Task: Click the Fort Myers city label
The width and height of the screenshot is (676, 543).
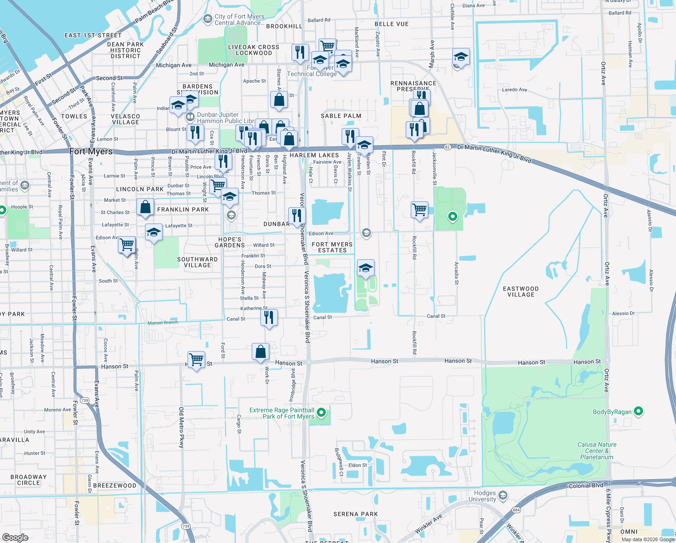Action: tap(91, 152)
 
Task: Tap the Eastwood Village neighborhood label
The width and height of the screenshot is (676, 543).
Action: tap(521, 291)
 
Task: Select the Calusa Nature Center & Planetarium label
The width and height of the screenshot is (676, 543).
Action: tap(596, 451)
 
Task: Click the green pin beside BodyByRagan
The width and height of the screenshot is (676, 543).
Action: tap(638, 411)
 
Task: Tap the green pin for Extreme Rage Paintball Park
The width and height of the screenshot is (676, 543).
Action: tap(321, 413)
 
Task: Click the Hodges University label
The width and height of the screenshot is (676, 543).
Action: tap(485, 496)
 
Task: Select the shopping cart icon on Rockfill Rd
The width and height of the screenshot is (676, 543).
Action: tap(420, 210)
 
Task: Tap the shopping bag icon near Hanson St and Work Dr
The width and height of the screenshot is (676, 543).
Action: tap(261, 352)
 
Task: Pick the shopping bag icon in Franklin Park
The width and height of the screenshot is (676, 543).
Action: tap(146, 207)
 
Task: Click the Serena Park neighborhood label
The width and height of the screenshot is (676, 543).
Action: tap(355, 514)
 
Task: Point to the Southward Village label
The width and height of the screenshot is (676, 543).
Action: tap(197, 262)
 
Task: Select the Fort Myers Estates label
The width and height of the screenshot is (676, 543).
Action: tap(332, 247)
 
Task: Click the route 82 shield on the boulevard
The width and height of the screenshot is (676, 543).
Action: tap(447, 147)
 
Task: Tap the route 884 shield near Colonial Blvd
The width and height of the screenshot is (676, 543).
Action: tap(516, 510)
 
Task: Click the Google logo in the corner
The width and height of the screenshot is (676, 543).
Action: tap(15, 537)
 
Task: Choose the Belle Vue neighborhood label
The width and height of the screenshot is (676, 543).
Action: tap(391, 24)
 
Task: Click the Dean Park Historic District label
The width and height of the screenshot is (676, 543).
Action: tap(126, 50)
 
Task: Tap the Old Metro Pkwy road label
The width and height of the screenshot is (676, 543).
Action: tap(182, 427)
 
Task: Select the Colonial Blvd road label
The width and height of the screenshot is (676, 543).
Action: tap(586, 486)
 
